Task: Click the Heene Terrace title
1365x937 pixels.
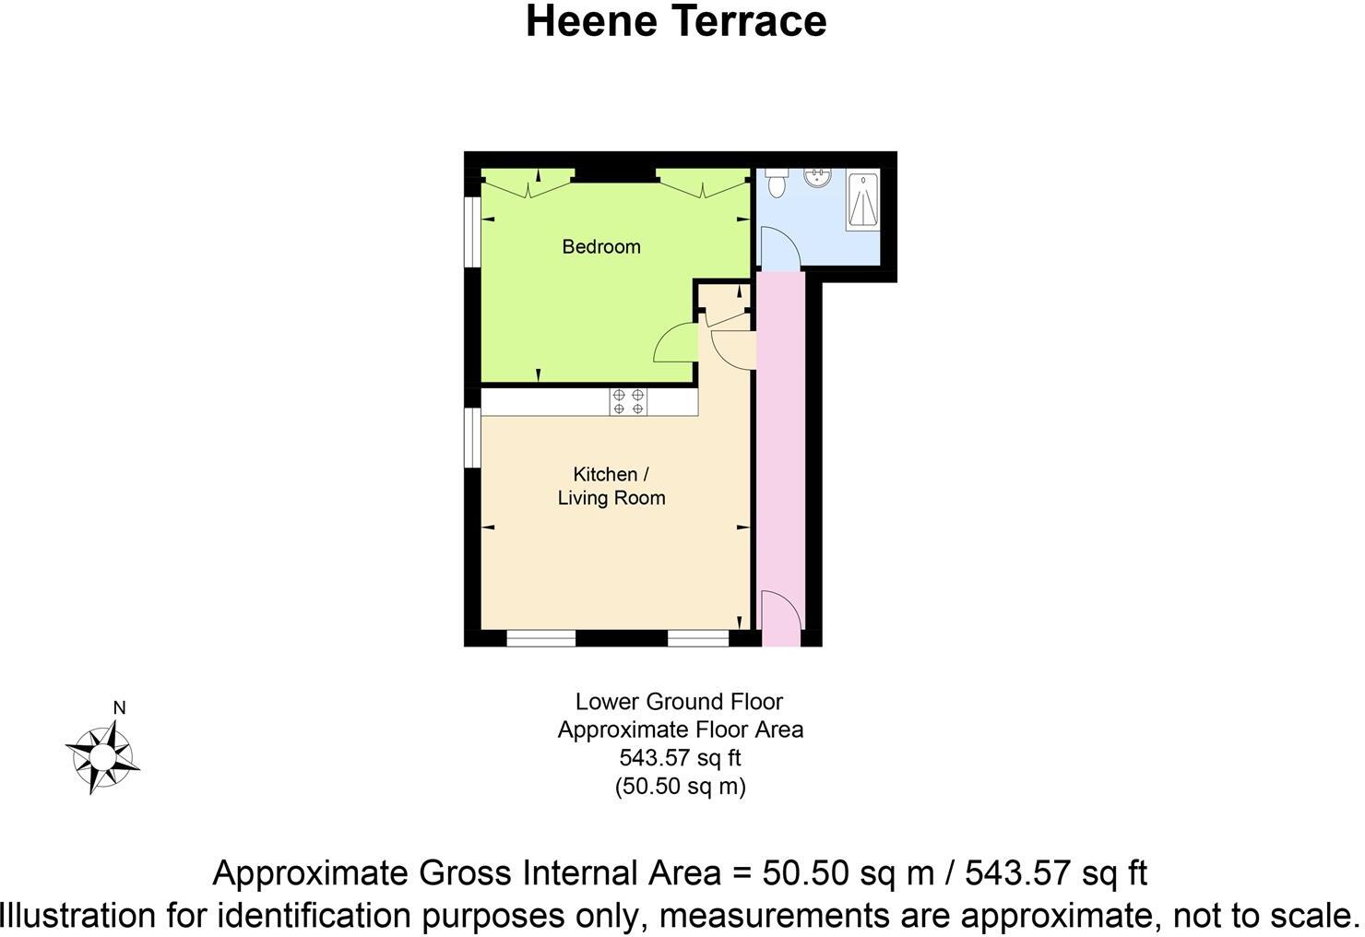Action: [676, 22]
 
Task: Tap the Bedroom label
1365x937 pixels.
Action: [601, 247]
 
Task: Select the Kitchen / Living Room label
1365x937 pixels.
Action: [611, 486]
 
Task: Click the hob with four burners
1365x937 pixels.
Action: [628, 401]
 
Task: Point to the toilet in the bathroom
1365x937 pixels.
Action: [776, 182]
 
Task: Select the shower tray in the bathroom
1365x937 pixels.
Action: [862, 199]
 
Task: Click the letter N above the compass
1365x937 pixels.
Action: [119, 708]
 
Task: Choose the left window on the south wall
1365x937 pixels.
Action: [541, 637]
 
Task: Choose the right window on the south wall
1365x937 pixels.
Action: [698, 637]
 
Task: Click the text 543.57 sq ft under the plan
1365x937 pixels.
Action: [680, 758]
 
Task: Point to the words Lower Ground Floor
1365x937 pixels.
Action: [679, 702]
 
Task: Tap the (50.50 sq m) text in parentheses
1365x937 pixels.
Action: [680, 787]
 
